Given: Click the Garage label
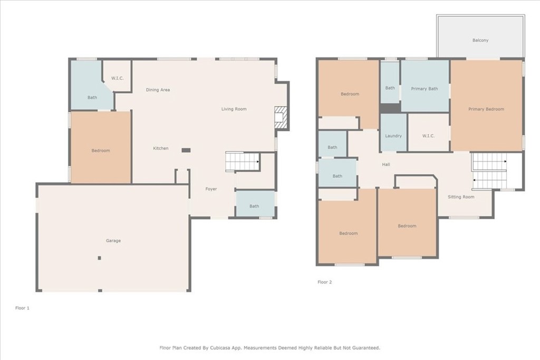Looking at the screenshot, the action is (x=113, y=240).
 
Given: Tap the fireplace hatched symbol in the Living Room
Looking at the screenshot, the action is (x=281, y=118).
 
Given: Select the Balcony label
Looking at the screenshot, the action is (x=480, y=40).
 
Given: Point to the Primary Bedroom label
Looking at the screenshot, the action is (x=486, y=109).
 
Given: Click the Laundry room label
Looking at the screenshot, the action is (x=393, y=136).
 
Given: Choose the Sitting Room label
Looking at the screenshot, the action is (x=461, y=197).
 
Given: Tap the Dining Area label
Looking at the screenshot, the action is (x=158, y=90).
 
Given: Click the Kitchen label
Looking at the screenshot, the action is (x=161, y=148).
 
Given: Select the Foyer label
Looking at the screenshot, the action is (x=211, y=189).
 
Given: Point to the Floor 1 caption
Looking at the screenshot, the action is (x=22, y=308).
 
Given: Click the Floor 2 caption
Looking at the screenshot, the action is (x=325, y=282).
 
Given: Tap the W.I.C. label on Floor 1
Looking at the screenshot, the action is (x=118, y=78).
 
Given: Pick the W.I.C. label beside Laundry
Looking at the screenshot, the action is (x=428, y=136).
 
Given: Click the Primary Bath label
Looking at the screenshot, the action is (x=425, y=89).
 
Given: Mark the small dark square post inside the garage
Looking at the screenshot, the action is (x=100, y=258).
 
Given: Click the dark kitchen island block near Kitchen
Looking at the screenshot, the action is (x=186, y=150).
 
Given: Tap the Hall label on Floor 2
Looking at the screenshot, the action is (x=386, y=164).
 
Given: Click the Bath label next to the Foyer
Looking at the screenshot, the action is (x=254, y=206).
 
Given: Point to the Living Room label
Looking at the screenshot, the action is (x=234, y=109).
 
